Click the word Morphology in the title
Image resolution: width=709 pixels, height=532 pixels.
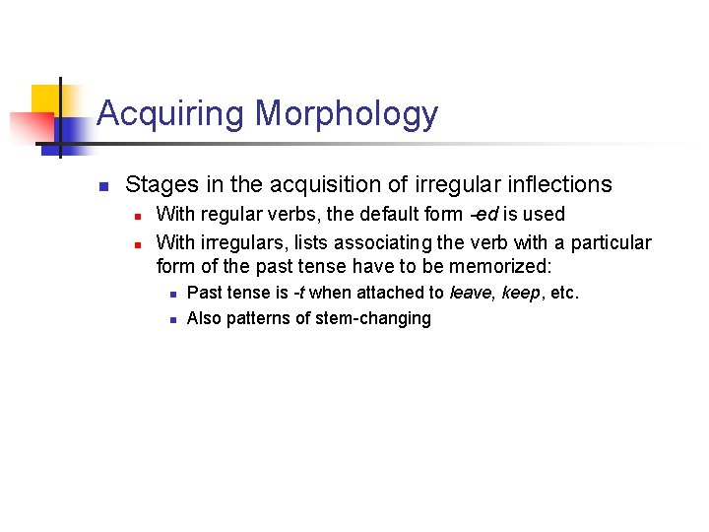click(347, 113)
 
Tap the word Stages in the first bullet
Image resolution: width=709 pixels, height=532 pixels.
click(158, 185)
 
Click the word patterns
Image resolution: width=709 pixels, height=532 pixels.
click(257, 318)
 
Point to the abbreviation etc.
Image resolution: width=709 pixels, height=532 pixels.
click(565, 293)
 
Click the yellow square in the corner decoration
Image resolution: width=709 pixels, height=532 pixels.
click(45, 99)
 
